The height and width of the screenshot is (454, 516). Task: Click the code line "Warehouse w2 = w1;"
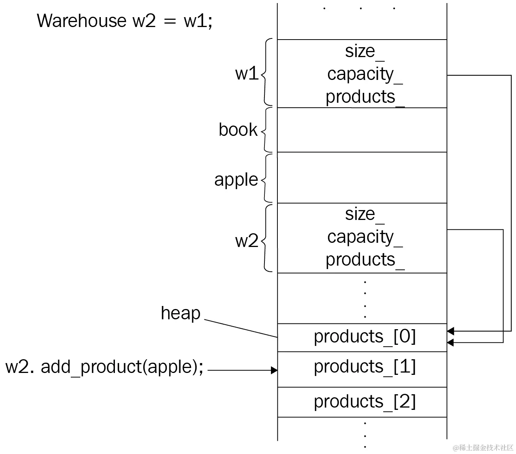124,21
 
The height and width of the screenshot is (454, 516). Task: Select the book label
238,130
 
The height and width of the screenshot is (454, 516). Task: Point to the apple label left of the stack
236,180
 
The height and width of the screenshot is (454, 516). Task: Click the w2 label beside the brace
247,241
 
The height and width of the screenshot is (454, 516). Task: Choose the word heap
180,313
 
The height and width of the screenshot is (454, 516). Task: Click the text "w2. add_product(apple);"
105,367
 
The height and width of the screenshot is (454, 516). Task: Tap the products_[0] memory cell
364,337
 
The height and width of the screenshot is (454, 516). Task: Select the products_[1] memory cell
364,367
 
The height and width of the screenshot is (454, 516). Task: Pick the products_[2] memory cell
364,402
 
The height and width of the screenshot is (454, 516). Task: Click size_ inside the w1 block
364,51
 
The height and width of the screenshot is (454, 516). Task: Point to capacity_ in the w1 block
364,74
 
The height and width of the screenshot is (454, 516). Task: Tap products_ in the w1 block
364,97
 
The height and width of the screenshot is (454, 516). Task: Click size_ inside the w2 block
364,214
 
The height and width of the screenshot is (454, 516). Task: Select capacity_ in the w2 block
364,237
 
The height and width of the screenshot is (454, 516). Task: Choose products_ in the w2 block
364,260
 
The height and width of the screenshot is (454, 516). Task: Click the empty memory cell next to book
362,130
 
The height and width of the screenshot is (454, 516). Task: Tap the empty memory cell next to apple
362,178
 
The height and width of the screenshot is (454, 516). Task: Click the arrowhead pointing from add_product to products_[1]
274,370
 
